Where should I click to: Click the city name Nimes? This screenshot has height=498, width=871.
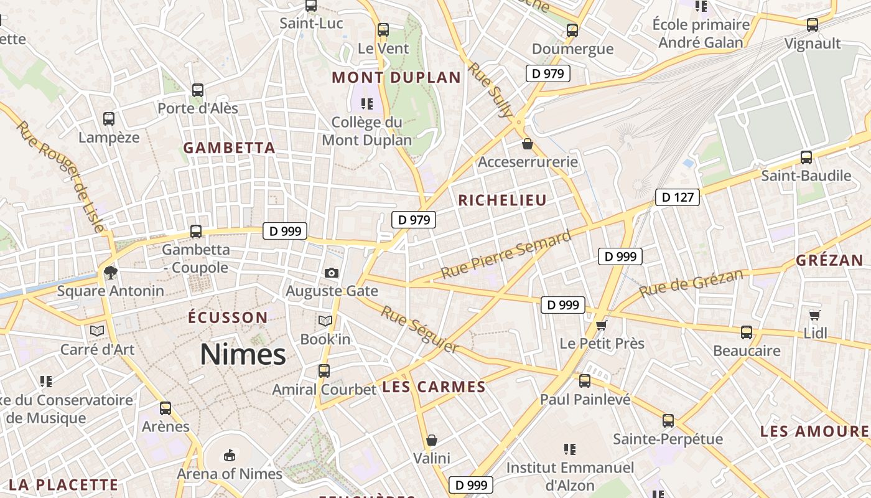pos(243,355)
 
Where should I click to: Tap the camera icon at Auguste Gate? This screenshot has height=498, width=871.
pos(331,273)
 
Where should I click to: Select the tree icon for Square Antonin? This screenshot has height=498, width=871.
pos(110,272)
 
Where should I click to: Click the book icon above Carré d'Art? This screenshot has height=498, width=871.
pos(97,331)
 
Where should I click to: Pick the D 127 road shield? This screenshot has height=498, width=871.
pos(677,198)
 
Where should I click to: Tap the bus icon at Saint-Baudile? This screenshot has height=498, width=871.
pos(806,157)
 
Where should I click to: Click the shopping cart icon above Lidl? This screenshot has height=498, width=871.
pos(815,315)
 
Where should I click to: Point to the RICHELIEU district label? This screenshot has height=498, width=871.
pos(502,200)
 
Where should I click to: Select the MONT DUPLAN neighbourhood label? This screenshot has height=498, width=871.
pos(396,78)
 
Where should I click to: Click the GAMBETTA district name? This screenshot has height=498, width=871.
pos(229,148)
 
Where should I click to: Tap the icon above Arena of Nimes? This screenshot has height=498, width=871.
pos(230,455)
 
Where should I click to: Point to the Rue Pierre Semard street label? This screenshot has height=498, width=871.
pos(506,255)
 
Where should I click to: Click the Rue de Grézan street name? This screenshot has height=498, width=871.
pos(691,283)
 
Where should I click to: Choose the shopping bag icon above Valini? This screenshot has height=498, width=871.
pos(432,440)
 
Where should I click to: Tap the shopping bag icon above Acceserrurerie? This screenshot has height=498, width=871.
pos(528,144)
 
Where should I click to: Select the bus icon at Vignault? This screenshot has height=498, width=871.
pos(813,25)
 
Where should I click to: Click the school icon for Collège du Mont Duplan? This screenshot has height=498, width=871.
pos(366,103)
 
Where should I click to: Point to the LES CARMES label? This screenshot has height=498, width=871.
pos(434,387)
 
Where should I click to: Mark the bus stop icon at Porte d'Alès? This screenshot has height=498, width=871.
pos(198,90)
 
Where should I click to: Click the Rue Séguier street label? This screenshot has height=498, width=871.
pos(420,329)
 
